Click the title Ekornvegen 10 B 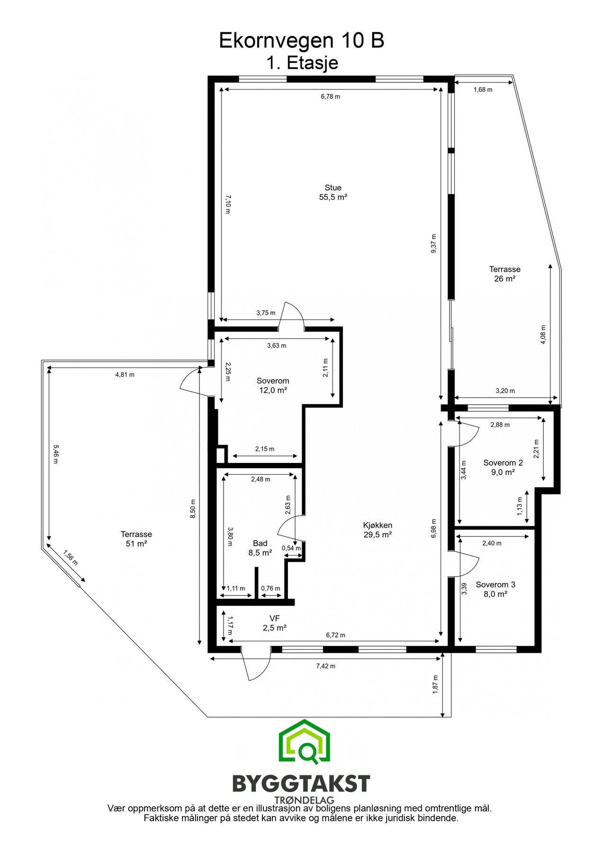[301, 41]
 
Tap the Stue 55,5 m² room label [333, 193]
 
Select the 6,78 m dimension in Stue [330, 97]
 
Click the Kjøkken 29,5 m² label [378, 530]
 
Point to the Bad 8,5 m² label [260, 548]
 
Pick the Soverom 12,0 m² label [273, 385]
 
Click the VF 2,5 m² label [275, 623]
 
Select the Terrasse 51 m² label [136, 539]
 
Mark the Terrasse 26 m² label [504, 274]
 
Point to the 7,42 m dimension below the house [325, 666]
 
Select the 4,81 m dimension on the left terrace [125, 374]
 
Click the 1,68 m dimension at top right [483, 89]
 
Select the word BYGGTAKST [301, 784]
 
